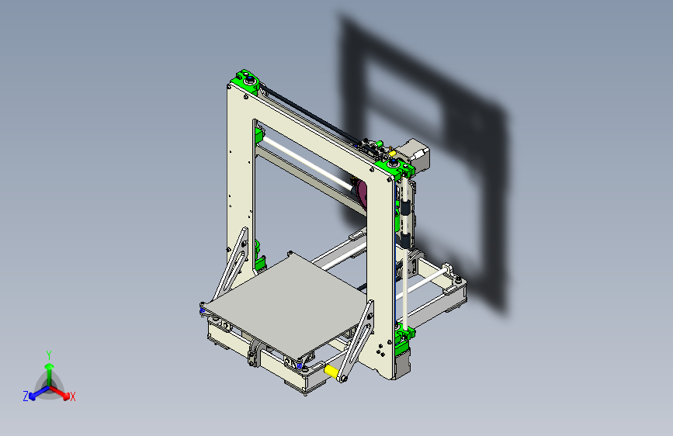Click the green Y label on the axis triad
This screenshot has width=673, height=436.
[48, 354]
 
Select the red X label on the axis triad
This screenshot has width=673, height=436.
[73, 397]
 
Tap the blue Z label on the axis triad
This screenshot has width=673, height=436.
[26, 396]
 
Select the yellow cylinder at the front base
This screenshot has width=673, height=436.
[335, 372]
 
